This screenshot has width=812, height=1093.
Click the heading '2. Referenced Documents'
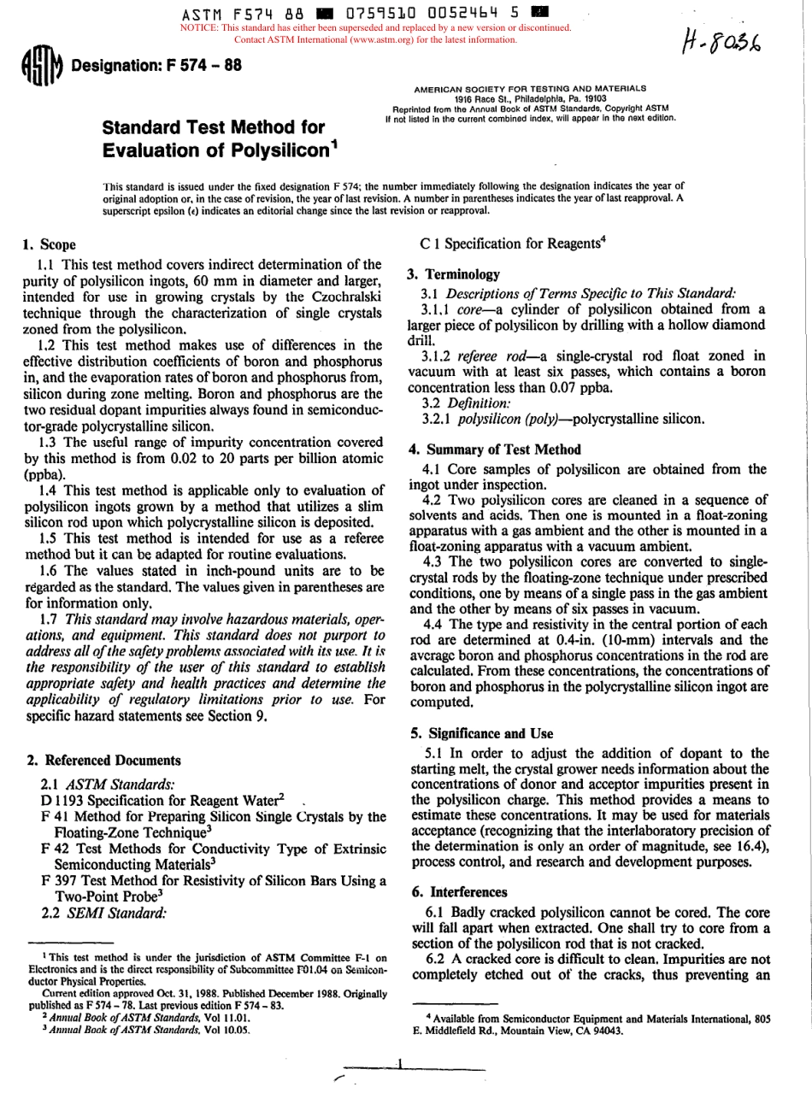tap(103, 760)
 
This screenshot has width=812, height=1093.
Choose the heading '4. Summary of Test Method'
tap(495, 449)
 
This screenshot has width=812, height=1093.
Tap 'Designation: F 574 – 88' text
tap(156, 69)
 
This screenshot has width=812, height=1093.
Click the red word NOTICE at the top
tap(199, 27)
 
